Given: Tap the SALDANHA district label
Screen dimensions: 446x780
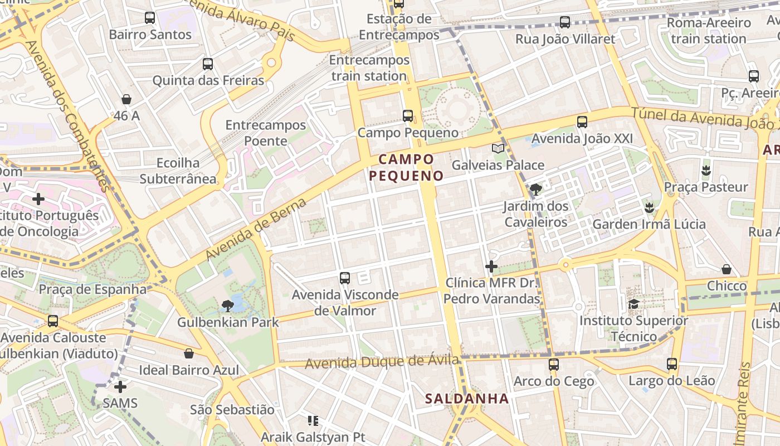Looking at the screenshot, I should [467, 399].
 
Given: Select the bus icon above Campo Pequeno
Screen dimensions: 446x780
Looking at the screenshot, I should [408, 116].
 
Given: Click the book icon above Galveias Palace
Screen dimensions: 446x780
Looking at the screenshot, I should [498, 148].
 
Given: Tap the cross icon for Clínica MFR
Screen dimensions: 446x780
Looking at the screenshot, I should [491, 266].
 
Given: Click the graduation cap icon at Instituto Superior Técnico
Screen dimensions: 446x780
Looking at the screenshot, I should [633, 304].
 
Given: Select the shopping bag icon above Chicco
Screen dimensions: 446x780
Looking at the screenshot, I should [727, 269].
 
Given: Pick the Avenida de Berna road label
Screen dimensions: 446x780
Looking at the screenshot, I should [256, 229].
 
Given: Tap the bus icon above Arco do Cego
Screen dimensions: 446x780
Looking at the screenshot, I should [553, 365].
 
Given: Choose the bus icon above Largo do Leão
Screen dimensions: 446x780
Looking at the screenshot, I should [672, 364].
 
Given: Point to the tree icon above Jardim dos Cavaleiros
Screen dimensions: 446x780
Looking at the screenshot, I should [535, 190].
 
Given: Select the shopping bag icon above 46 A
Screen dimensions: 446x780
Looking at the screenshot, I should [126, 99].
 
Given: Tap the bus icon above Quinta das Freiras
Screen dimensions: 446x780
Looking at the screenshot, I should [208, 64].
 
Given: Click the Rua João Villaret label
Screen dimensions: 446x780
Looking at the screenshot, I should [565, 39].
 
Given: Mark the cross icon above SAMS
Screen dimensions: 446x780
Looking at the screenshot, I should [120, 386].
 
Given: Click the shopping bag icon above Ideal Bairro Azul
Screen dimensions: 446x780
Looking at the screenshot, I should [189, 353].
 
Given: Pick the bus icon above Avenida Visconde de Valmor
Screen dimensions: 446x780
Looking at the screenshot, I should [345, 278].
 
